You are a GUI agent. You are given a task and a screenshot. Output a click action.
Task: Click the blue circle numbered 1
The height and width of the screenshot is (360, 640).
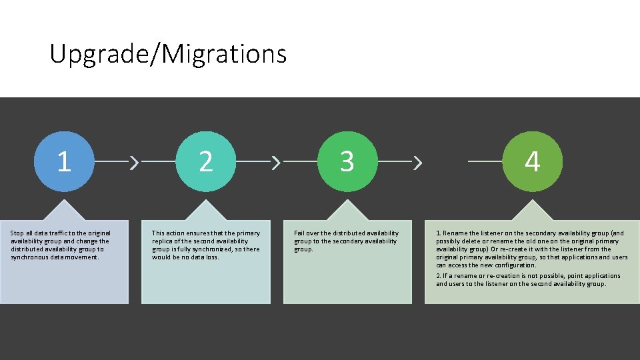coord(64,161)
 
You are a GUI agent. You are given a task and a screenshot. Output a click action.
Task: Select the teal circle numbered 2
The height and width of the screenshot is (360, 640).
coord(206,161)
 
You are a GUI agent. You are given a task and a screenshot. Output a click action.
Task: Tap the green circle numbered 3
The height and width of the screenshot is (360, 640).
coord(347,161)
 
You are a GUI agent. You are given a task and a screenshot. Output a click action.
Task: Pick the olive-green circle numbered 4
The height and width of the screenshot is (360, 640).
coord(532,161)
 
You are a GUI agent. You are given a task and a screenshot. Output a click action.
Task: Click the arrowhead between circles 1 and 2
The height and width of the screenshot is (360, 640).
coord(135,161)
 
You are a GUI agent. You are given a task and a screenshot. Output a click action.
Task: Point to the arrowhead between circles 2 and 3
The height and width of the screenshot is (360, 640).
coord(277,161)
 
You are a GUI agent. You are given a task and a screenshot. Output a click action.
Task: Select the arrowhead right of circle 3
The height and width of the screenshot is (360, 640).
coord(418,161)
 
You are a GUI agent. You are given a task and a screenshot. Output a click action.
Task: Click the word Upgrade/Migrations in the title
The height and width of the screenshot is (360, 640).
coord(168,53)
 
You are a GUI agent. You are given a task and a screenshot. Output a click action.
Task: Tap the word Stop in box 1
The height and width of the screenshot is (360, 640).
coord(17,233)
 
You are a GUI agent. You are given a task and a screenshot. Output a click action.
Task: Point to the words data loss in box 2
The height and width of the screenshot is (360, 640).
coord(205,257)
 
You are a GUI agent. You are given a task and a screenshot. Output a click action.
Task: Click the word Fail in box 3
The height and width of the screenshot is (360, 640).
coord(300,233)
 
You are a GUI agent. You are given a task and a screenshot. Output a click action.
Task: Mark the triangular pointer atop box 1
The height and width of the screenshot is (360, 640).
coord(64,209)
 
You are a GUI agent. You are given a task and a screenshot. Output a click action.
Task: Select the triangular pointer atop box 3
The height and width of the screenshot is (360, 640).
coord(347,209)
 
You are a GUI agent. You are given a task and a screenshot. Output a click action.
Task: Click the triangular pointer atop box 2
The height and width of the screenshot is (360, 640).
coord(206,209)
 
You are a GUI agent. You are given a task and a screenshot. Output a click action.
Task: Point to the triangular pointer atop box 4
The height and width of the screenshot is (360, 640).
coord(532,209)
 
